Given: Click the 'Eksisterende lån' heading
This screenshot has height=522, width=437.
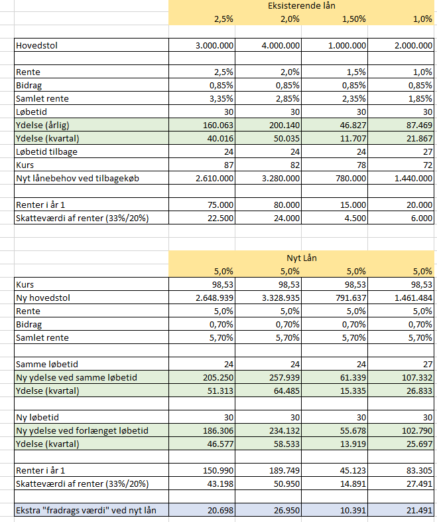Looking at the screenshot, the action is (302, 6).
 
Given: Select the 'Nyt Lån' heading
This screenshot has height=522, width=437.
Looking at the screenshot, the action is (302, 258).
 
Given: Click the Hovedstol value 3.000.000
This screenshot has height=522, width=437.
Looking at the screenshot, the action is (214, 45).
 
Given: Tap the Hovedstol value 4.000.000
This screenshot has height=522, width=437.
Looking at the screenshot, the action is (281, 45).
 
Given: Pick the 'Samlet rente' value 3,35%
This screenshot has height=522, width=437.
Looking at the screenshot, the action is (221, 98).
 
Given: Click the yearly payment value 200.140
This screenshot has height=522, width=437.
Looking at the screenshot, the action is (284, 125).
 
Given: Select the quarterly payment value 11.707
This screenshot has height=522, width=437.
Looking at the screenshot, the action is (353, 139).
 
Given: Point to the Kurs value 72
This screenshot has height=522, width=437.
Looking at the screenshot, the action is (428, 165).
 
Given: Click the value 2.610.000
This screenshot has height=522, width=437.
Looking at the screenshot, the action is (214, 179).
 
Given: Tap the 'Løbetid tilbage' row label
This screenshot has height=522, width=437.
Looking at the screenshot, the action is (46, 152).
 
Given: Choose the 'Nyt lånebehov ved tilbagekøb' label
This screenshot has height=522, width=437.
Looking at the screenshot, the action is (78, 179).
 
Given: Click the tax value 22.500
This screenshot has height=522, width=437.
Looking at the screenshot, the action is (221, 218).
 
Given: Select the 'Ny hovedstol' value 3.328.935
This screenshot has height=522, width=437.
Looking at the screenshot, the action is (281, 298).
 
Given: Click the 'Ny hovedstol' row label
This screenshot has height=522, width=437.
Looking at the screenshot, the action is (43, 298).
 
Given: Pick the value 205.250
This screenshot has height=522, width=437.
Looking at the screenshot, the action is (218, 377).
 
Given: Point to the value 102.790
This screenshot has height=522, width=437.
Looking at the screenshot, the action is (417, 431).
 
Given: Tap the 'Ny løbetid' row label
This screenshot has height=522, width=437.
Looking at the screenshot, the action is (37, 418).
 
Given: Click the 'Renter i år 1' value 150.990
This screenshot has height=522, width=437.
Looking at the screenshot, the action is (218, 471).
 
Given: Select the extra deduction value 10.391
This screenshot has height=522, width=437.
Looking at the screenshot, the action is (353, 510).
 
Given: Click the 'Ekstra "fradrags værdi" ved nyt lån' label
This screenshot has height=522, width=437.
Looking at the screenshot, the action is (86, 510).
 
